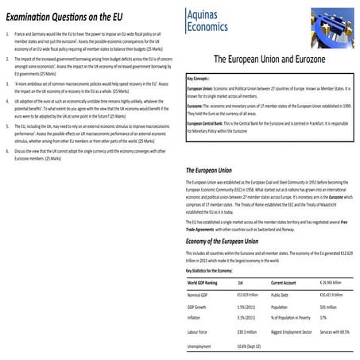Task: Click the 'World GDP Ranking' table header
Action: pyautogui.click(x=203, y=282)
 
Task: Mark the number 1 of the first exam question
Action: pyautogui.click(x=6, y=35)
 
